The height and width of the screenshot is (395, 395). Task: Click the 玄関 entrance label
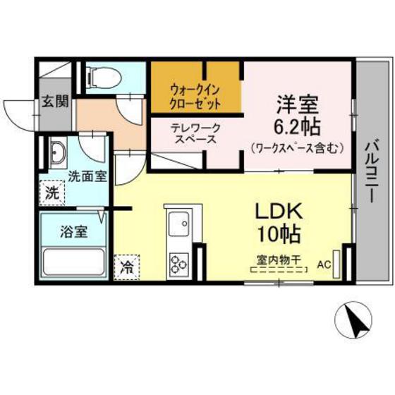[54, 101]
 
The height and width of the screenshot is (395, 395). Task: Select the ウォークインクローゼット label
[195, 96]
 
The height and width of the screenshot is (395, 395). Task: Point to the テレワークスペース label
[195, 133]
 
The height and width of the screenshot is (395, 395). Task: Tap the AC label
[324, 265]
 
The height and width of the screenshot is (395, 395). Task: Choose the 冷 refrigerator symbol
[127, 267]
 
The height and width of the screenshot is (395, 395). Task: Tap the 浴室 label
[73, 231]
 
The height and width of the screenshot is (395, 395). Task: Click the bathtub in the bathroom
[73, 263]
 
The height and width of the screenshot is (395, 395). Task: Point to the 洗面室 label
[87, 176]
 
